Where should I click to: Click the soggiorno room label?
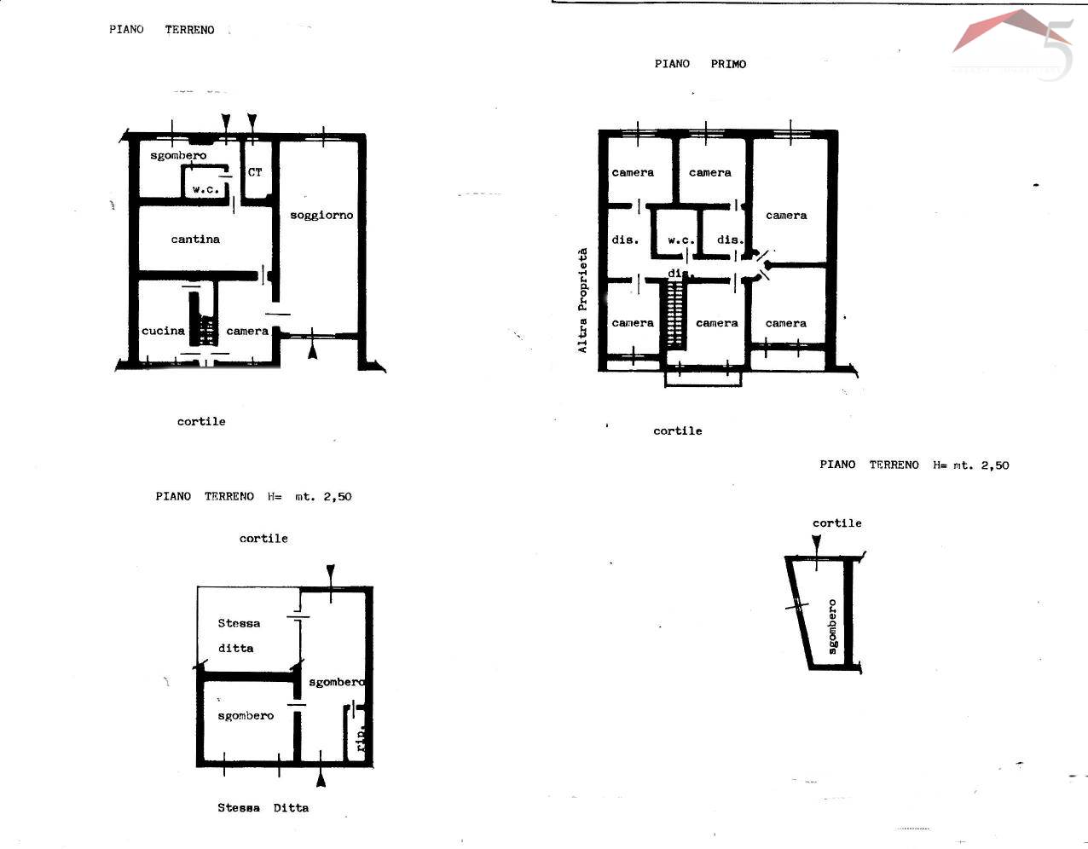[321, 216]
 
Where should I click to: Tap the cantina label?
[195, 240]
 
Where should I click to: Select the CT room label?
[255, 172]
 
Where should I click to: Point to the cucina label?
[163, 331]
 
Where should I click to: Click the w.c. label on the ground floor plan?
[205, 189]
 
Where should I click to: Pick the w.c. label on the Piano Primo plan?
[681, 240]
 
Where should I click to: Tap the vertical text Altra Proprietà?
[583, 300]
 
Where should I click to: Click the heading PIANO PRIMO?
[700, 64]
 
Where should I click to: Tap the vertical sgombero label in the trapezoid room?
[832, 627]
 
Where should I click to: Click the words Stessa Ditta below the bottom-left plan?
[263, 807]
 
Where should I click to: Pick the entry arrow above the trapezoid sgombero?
[817, 543]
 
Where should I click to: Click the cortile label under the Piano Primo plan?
[677, 430]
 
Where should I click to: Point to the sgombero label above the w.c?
[178, 156]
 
